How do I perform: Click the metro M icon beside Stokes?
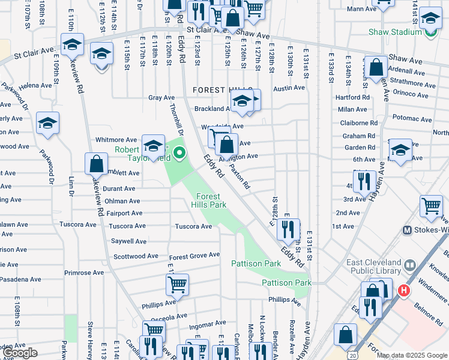407,230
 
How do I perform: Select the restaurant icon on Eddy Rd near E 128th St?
290,229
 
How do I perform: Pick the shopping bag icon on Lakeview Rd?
96,163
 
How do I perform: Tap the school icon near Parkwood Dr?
47,123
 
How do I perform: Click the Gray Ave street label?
161,98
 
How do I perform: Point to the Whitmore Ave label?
112,140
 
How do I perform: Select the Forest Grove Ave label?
194,255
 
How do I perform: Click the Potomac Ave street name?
411,119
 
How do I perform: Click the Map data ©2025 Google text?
412,355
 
